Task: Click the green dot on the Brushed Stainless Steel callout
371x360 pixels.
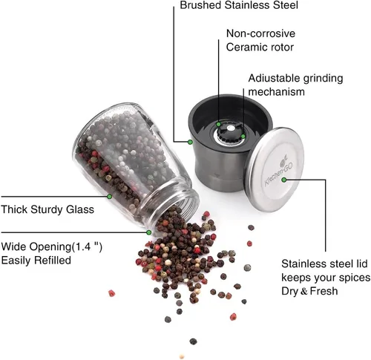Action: [x=190, y=142]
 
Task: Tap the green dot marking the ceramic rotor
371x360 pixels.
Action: [x=219, y=124]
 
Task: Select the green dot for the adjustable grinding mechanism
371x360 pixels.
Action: [x=243, y=137]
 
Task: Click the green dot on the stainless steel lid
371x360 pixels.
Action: [x=284, y=180]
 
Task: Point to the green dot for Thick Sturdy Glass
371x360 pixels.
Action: [x=109, y=197]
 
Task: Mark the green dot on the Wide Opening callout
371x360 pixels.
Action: [x=148, y=232]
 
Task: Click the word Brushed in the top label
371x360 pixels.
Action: [x=200, y=5]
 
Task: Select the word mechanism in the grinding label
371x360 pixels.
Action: [x=276, y=91]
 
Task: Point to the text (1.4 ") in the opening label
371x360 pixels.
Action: [x=87, y=246]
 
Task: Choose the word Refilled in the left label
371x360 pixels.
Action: [x=53, y=261]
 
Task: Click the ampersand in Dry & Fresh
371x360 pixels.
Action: [x=304, y=291]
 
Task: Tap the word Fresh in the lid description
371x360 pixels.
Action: [x=324, y=291]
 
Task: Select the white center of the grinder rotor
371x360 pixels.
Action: [x=231, y=128]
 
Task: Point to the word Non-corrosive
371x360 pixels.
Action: [x=260, y=33]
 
